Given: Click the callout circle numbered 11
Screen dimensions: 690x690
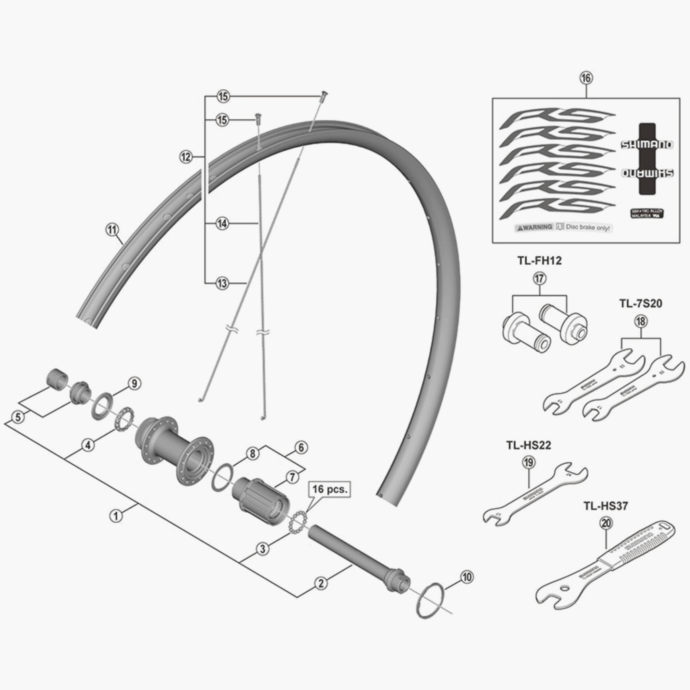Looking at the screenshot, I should click(112, 230).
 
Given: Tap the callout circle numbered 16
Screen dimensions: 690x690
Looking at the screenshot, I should click(586, 78).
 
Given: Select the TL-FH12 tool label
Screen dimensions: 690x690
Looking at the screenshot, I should click(539, 261).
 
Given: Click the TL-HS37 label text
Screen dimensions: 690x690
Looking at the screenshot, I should click(606, 506).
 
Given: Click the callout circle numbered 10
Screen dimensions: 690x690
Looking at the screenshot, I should click(467, 577).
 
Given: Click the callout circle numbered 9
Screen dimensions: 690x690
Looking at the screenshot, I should click(134, 384).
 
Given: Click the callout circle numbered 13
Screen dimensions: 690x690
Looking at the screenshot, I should click(222, 284).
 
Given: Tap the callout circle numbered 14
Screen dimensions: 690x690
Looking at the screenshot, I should click(222, 224).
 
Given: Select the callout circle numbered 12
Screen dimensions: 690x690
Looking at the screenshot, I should click(186, 157).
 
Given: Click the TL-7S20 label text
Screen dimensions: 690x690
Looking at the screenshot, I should click(640, 304).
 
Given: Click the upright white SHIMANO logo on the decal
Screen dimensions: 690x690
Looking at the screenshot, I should click(647, 145).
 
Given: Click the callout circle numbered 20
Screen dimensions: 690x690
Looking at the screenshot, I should click(606, 524).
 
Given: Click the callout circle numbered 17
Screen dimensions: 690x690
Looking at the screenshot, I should click(540, 278).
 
